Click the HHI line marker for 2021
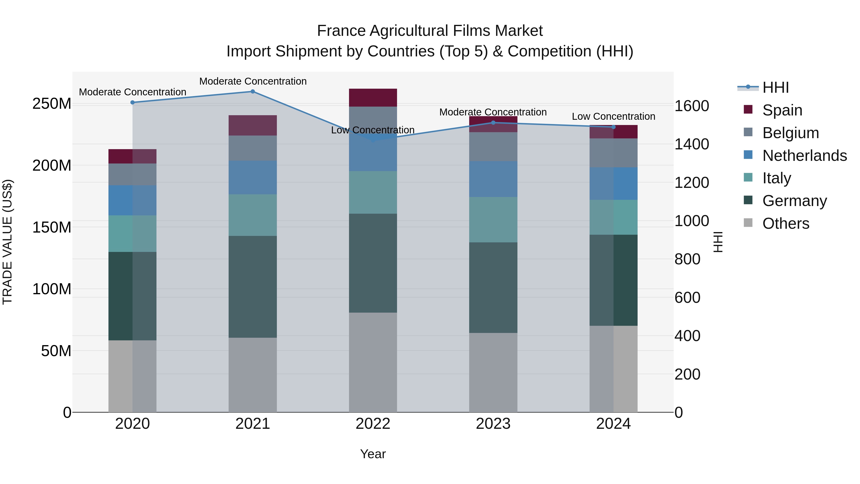253,92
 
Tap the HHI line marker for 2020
133,103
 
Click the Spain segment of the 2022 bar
373,98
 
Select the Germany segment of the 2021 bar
253,287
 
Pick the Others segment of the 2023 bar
493,372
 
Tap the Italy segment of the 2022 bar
373,192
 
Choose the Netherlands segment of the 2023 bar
493,179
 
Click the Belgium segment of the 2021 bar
253,148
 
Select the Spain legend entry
782,110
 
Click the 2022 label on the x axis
373,424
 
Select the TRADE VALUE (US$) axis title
7,242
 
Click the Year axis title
373,454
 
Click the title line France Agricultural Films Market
430,31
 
